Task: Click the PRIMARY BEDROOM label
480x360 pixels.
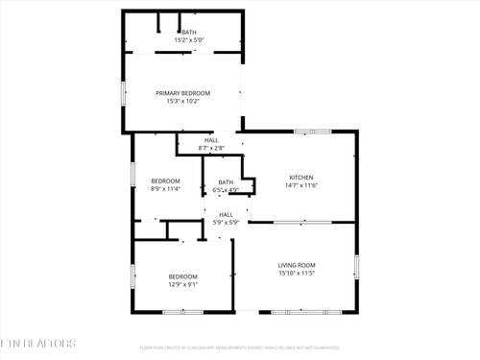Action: pos(182,93)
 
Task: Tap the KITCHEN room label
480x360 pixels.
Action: pos(302,178)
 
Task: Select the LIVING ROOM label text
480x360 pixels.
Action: pos(297,265)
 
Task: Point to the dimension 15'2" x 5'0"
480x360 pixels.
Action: pos(187,41)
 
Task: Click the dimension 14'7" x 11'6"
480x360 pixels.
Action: pos(302,186)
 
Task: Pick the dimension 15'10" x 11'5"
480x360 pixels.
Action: pos(297,274)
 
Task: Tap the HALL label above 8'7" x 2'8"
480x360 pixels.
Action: pos(210,140)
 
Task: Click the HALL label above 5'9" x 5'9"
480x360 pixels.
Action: pos(226,214)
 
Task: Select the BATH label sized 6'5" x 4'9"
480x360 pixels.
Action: pos(226,181)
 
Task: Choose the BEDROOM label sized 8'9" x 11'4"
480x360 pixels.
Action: pos(165,180)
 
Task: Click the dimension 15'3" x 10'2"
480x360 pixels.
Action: pos(182,102)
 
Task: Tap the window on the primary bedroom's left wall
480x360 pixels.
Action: pos(122,93)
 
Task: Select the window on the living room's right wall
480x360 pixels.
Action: pos(356,266)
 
